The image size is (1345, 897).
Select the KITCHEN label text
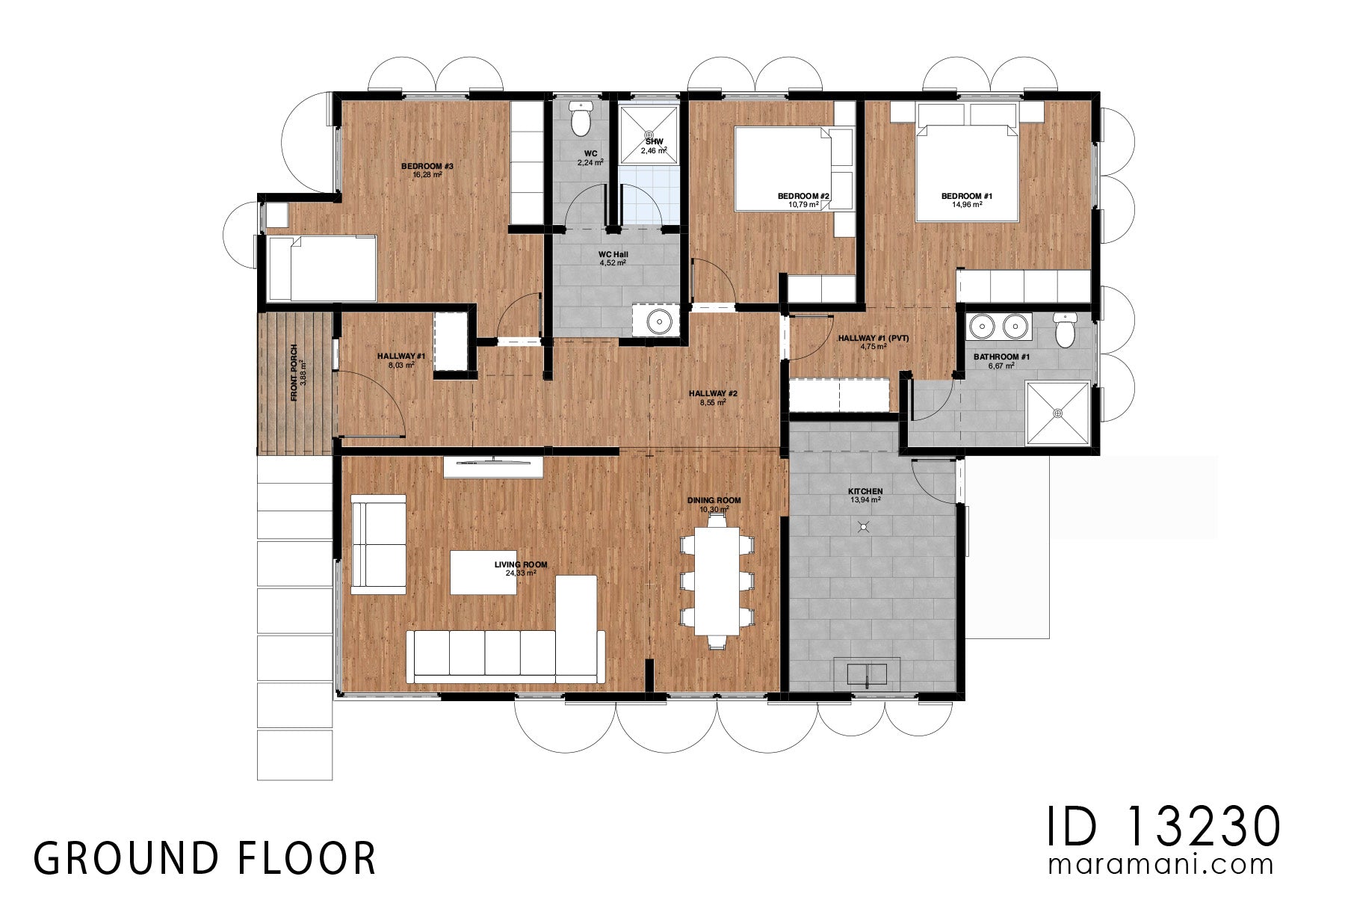coord(865,491)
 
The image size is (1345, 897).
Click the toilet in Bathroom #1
coord(1065,330)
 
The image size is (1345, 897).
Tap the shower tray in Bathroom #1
coord(1057,413)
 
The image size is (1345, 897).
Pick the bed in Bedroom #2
coord(783,169)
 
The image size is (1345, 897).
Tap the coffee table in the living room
coord(483,572)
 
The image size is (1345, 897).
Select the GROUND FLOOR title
coord(205,858)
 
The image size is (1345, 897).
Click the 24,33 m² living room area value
coord(521,573)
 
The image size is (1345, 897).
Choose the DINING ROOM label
coord(714,501)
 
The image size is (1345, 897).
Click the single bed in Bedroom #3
coord(322,268)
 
